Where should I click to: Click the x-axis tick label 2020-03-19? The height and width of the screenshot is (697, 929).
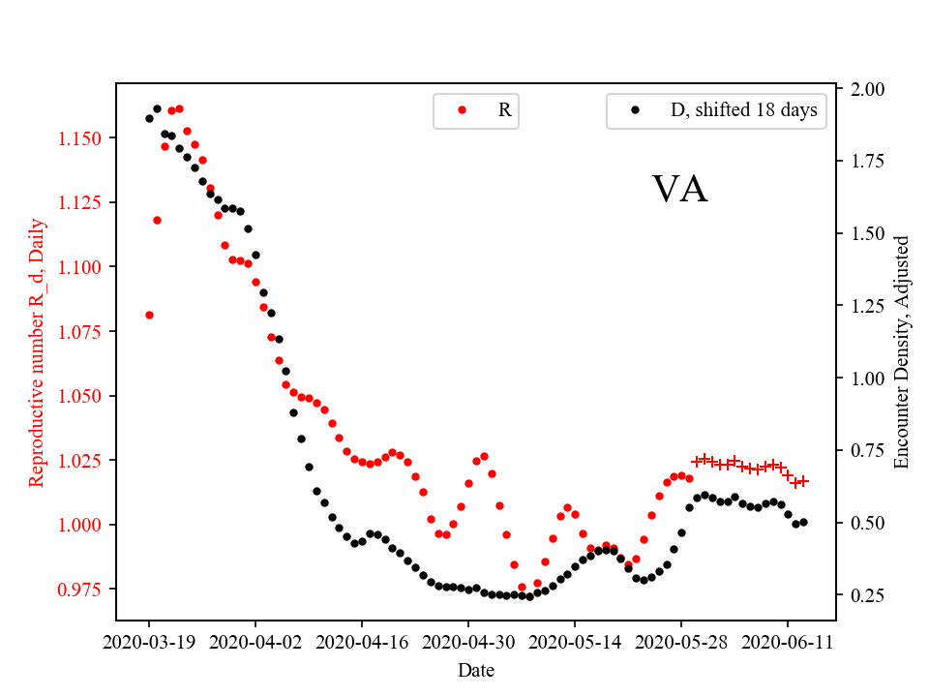pyautogui.click(x=149, y=641)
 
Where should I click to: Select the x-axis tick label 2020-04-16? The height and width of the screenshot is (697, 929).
pyautogui.click(x=362, y=641)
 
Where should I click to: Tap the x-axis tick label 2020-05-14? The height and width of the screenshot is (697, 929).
pyautogui.click(x=575, y=641)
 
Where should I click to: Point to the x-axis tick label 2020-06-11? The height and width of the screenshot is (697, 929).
pyautogui.click(x=788, y=641)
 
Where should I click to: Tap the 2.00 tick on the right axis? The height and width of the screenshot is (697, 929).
pyautogui.click(x=866, y=89)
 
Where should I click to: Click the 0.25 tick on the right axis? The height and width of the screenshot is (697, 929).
pyautogui.click(x=866, y=595)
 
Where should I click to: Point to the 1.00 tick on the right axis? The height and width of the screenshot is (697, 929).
pyautogui.click(x=866, y=379)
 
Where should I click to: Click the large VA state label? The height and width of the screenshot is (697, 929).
pyautogui.click(x=679, y=190)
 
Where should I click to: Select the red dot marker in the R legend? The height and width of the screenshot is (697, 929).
pyautogui.click(x=462, y=110)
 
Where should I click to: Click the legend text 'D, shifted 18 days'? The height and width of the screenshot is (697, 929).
pyautogui.click(x=743, y=110)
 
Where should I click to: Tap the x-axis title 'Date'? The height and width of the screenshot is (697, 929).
pyautogui.click(x=476, y=670)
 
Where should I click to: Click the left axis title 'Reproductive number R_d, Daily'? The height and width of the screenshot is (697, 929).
pyautogui.click(x=38, y=351)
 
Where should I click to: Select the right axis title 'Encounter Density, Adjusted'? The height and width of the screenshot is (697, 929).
pyautogui.click(x=902, y=351)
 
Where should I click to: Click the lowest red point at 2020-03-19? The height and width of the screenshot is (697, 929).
pyautogui.click(x=149, y=315)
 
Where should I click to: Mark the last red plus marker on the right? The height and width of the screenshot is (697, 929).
pyautogui.click(x=802, y=481)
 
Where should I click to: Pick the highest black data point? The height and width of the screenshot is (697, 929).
pyautogui.click(x=157, y=108)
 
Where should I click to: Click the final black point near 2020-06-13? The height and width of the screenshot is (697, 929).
pyautogui.click(x=803, y=522)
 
